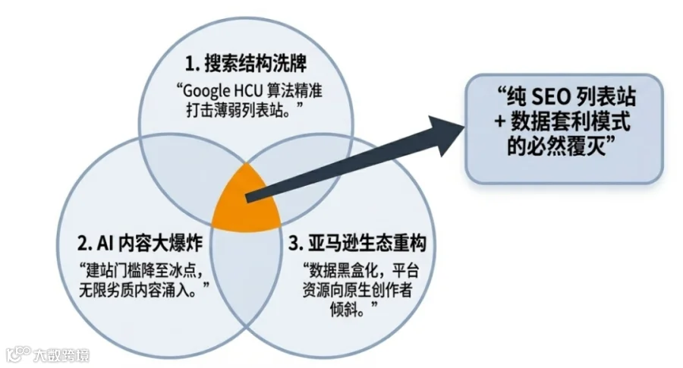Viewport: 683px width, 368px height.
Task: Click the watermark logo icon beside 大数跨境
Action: coord(17,354)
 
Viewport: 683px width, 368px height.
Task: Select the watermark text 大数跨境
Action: coord(61,354)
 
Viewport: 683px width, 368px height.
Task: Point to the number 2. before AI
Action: coord(84,244)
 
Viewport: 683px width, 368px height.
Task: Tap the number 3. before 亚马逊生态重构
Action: coord(296,244)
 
